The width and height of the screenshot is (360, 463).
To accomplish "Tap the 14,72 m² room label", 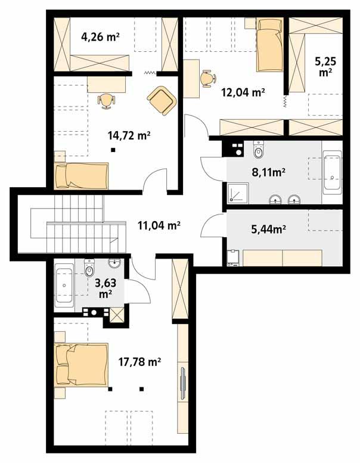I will [129, 136].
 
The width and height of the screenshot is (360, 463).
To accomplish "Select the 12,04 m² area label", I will [243, 92].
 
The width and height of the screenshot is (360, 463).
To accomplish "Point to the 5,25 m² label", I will [324, 67].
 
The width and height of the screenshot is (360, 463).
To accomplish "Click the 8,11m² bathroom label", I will [267, 172].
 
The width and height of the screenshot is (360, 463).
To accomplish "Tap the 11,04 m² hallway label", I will [160, 225].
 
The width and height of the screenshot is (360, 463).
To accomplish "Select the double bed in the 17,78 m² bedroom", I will [81, 364].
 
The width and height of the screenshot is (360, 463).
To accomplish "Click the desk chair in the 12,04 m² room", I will [206, 79].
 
